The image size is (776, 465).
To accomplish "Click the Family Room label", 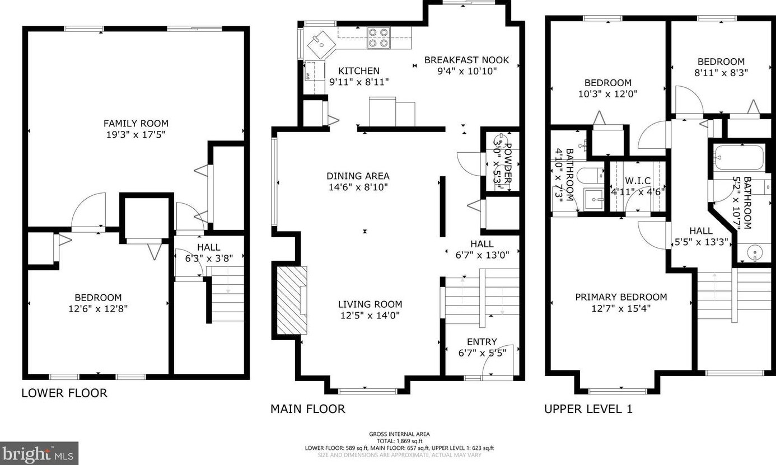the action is [136, 123].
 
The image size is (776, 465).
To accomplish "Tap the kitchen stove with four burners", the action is [378, 37].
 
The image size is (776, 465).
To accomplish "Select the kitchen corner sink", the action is [321, 45].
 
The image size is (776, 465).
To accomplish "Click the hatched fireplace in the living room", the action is [292, 300].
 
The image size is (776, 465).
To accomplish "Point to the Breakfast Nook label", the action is [466, 60].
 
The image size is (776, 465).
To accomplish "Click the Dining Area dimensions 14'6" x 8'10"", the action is [358, 187].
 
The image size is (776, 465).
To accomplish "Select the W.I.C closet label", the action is [638, 181].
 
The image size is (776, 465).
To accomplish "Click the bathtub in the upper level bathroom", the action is [739, 158].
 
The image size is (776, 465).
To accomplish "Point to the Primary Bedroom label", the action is [621, 297].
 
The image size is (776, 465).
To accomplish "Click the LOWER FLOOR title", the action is [64, 393].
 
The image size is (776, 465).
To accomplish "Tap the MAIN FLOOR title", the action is [307, 409].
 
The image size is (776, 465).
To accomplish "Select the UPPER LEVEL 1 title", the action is [588, 409].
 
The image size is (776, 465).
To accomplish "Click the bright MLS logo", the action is [39, 454].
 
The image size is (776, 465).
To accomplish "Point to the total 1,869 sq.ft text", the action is [399, 441].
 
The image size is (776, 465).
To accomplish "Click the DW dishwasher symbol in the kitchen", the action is [307, 76].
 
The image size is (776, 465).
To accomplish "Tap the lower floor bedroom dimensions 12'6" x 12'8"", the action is [98, 308].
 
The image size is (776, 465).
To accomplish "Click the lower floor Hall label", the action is [208, 247].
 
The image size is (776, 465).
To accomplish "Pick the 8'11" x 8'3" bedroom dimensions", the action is [721, 73].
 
